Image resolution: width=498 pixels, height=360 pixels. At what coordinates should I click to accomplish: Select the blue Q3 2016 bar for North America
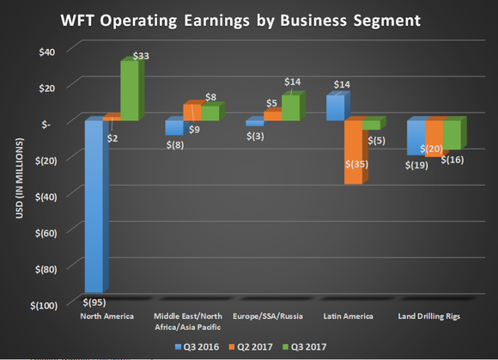tap(94, 206)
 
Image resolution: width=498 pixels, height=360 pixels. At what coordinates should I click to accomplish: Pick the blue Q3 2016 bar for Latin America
tap(335, 107)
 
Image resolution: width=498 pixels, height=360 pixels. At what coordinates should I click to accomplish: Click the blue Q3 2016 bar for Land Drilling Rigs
tap(415, 137)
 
